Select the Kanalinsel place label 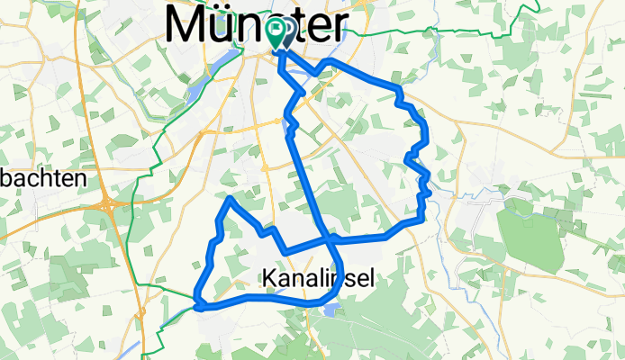pyautogui.click(x=320, y=280)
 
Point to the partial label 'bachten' pyautogui.click(x=42, y=178)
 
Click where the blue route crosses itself pyautogui.click(x=329, y=239)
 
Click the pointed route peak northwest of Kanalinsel pyautogui.click(x=231, y=198)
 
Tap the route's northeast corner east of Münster pyautogui.click(x=397, y=87)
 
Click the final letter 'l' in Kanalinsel pyautogui.click(x=370, y=280)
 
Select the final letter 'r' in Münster pyautogui.click(x=335, y=27)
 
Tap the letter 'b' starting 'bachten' pyautogui.click(x=5, y=178)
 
